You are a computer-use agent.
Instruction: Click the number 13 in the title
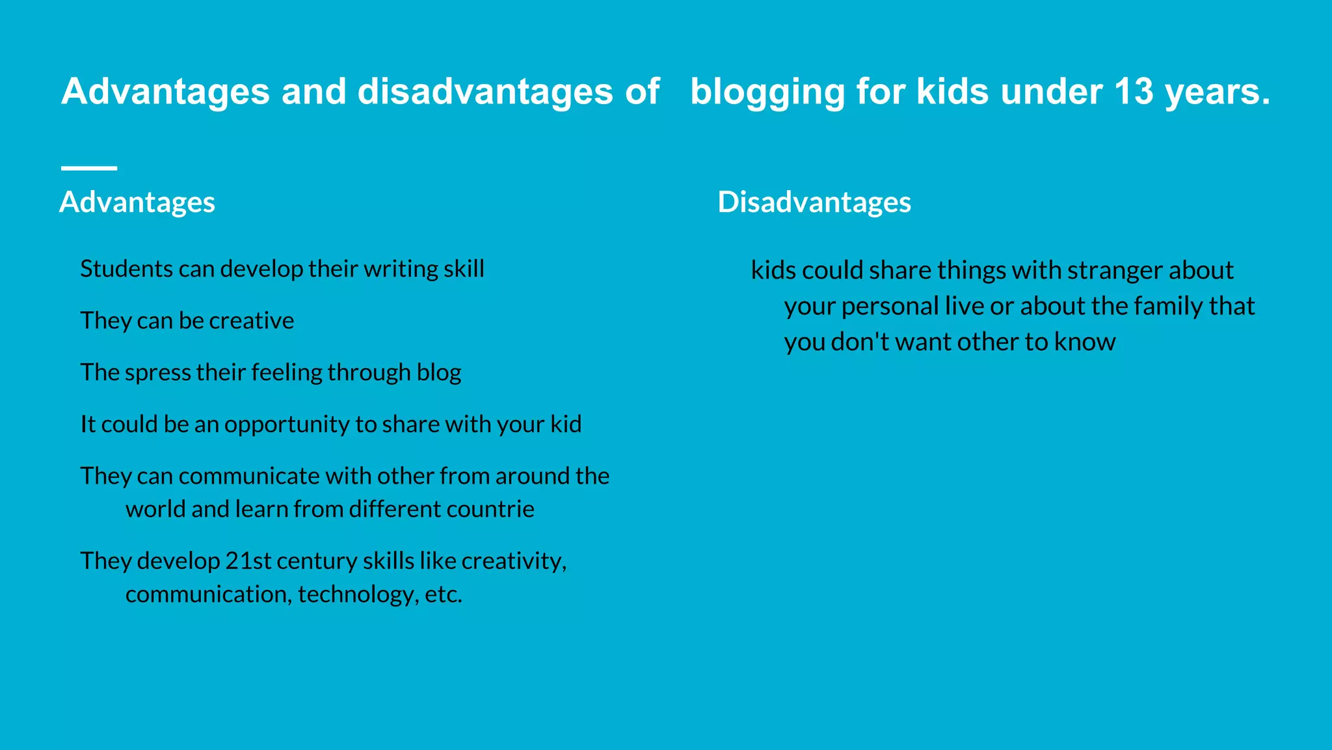1133,91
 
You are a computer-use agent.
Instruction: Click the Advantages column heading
137,202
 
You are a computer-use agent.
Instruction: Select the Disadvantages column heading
814,202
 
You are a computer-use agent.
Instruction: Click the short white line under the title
89,168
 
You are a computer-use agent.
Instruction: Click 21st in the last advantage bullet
248,561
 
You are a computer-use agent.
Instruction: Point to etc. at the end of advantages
444,594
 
